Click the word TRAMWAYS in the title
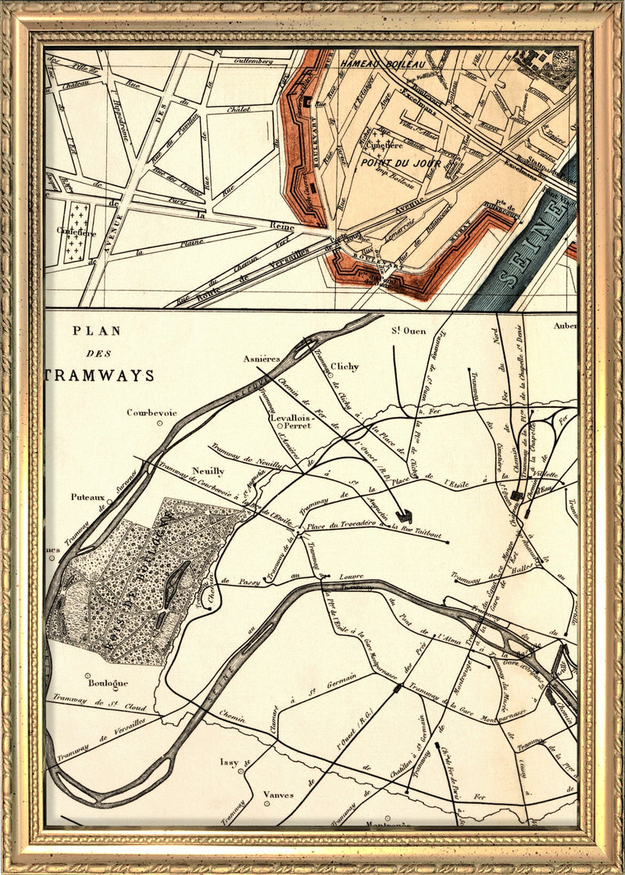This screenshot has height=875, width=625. click(x=99, y=376)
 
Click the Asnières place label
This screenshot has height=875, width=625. click(x=261, y=359)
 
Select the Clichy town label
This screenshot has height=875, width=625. click(x=344, y=366)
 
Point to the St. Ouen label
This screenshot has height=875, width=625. click(x=409, y=331)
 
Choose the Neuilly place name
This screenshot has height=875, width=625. click(x=208, y=471)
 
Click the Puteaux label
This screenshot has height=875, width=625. click(x=87, y=496)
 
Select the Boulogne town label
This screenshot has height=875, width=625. click(x=107, y=682)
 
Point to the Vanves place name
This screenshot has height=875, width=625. click(x=278, y=795)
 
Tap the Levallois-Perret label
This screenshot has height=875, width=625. click(x=291, y=423)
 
